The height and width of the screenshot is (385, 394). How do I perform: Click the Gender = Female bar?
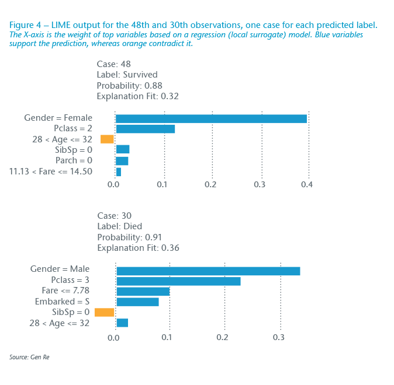coord(211,118)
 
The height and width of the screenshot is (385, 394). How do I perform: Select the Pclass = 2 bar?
coord(145,129)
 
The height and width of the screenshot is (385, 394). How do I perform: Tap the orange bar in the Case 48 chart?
coord(107,139)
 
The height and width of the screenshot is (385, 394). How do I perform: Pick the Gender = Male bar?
coord(208,271)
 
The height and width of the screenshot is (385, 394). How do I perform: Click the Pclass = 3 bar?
coord(178,281)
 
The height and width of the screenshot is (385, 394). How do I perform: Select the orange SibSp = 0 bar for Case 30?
coord(105,312)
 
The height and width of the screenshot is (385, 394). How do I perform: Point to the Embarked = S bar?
coord(137,302)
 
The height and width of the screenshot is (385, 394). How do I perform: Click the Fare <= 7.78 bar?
coord(143,291)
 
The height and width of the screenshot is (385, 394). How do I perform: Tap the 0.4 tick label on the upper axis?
coord(307,185)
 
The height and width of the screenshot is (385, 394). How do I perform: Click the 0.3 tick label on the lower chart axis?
coord(280,337)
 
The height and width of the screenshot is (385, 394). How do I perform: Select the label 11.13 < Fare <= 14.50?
coord(51,171)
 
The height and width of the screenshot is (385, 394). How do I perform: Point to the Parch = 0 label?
coord(74,160)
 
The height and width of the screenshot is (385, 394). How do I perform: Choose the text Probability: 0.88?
coord(129,86)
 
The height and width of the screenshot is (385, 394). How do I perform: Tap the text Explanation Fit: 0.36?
coord(138,248)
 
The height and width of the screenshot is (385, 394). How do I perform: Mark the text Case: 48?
coord(113,64)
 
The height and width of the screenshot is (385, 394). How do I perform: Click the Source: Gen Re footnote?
coord(29,356)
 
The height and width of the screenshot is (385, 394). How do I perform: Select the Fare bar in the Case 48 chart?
coord(119,171)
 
